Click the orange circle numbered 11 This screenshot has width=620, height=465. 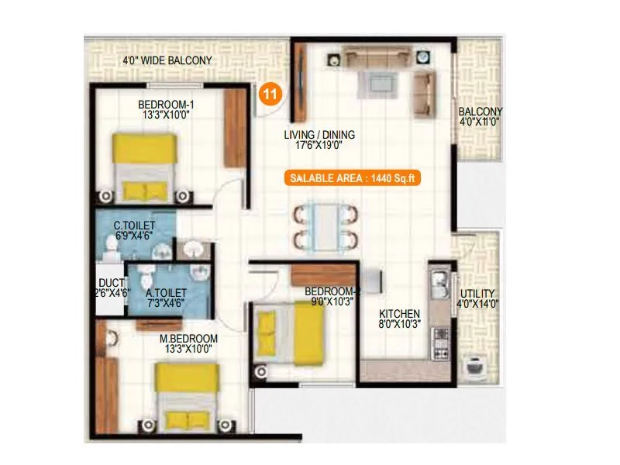coord(270,94)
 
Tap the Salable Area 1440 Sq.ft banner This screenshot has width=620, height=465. coord(353,177)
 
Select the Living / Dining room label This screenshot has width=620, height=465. coord(313,134)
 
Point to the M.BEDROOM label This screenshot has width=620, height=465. coord(188,339)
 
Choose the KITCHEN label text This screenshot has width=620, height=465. coord(399,314)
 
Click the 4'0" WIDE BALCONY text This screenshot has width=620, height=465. coord(167,60)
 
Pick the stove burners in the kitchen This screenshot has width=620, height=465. coord(441,342)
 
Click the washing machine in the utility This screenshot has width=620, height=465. coord(472,367)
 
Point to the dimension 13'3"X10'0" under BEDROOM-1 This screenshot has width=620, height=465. coord(166,115)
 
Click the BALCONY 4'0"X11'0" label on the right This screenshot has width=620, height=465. coord(480,116)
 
